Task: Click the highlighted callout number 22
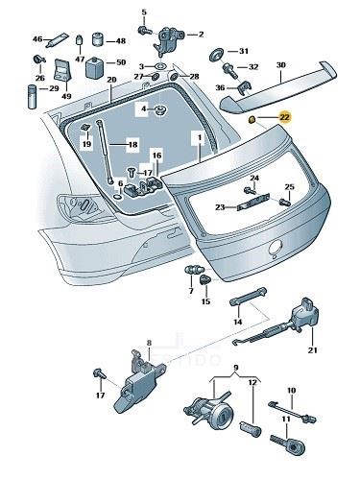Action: point(284,117)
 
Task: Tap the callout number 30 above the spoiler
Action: point(280,65)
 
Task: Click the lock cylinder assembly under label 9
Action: point(208,407)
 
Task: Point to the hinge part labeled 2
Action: point(169,40)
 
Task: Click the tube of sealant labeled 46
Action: point(57,40)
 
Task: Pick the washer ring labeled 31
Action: point(217,55)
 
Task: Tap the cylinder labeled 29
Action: point(33,97)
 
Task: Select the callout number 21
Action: point(312,350)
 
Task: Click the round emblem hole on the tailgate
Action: point(276,247)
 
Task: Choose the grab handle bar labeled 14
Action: point(249,297)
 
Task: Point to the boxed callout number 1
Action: point(200,137)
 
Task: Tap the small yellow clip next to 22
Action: point(252,120)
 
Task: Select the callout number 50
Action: point(121,62)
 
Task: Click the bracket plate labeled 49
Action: point(62,71)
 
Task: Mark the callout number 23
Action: point(220,207)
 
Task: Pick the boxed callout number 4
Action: point(144,109)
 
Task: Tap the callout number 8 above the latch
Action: point(149,344)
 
